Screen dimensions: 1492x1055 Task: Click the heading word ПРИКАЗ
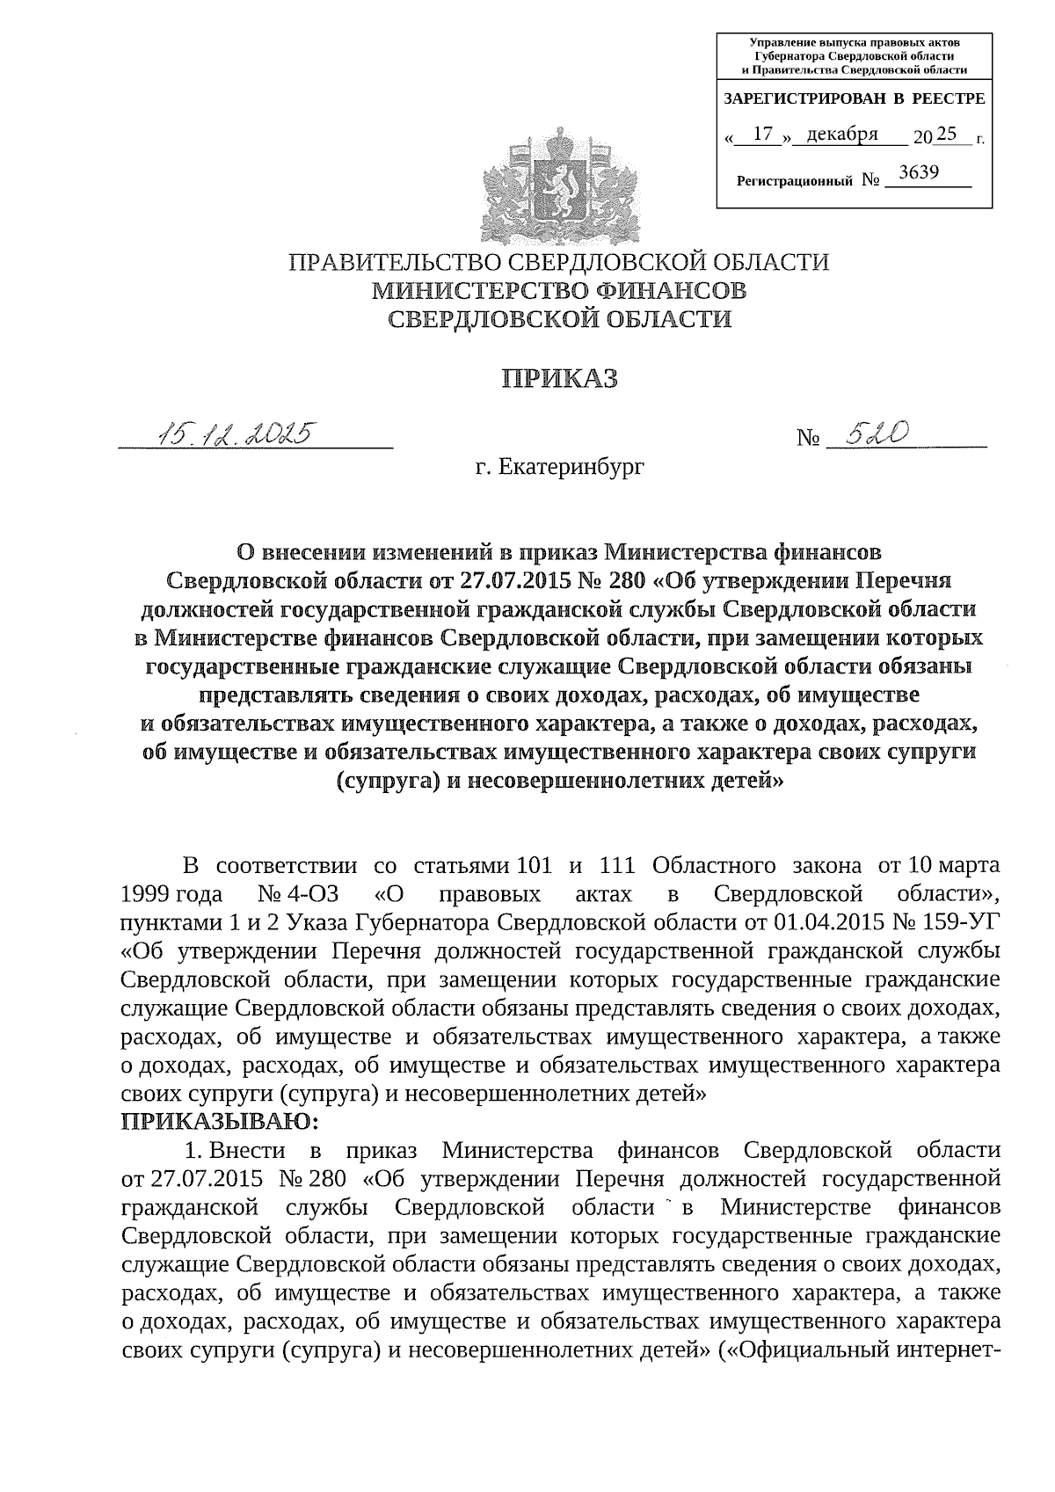[559, 379]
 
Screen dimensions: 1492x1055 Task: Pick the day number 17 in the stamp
[763, 134]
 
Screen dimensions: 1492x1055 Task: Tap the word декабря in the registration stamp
[842, 134]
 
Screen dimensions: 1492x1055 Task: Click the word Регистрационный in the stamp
[794, 182]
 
